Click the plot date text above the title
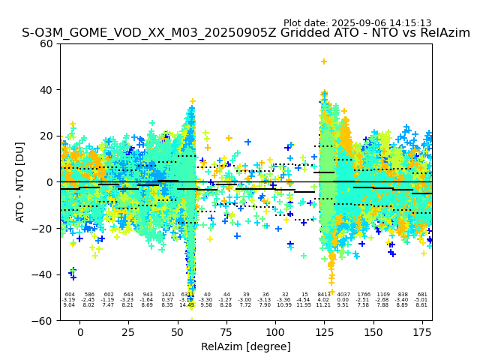pyautogui.click(x=357, y=23)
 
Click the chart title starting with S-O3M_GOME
pyautogui.click(x=246, y=33)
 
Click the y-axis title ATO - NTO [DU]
pyautogui.click(x=21, y=182)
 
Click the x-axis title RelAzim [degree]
pyautogui.click(x=246, y=346)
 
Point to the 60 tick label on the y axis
pyautogui.click(x=46, y=43)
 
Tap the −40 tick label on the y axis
pyautogui.click(x=43, y=274)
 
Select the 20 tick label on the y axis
pyautogui.click(x=46, y=136)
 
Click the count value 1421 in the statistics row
pyautogui.click(x=167, y=295)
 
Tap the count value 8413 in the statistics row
pyautogui.click(x=323, y=295)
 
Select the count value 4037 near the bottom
pyautogui.click(x=343, y=295)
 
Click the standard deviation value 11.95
pyautogui.click(x=304, y=305)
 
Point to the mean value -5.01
pyautogui.click(x=421, y=300)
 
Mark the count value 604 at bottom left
pyautogui.click(x=70, y=295)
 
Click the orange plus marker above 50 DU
pyautogui.click(x=324, y=61)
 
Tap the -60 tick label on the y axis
pyautogui.click(x=43, y=320)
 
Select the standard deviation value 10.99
pyautogui.click(x=284, y=305)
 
